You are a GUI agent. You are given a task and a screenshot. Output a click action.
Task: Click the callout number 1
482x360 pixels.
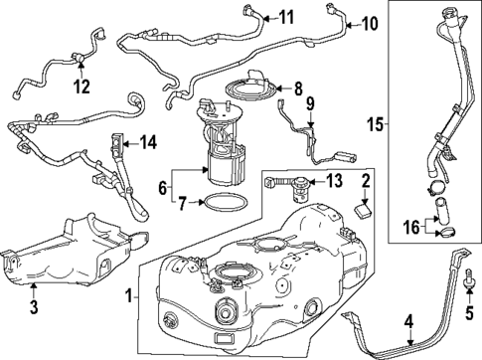(126, 295)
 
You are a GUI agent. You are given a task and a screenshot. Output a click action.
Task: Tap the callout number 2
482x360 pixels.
(366, 181)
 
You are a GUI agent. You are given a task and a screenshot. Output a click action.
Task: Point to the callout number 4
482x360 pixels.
(406, 321)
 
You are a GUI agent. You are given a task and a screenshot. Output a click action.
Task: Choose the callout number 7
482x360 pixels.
(182, 205)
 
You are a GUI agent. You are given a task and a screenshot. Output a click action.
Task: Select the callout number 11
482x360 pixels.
(286, 17)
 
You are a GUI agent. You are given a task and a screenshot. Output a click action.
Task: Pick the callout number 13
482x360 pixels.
(333, 180)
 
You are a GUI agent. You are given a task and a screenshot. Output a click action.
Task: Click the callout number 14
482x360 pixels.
(148, 143)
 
